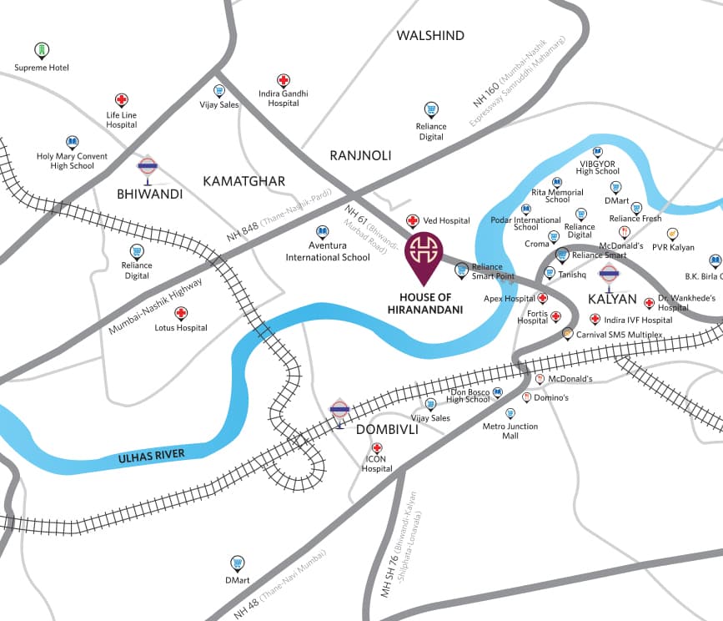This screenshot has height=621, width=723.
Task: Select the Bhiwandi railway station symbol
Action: click(x=148, y=166)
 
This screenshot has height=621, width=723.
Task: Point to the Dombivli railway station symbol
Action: click(x=339, y=410)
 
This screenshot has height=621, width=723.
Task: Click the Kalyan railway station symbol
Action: click(x=609, y=272)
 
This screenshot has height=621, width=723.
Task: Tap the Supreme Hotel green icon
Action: click(x=41, y=50)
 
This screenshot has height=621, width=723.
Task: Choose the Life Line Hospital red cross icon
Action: click(x=122, y=100)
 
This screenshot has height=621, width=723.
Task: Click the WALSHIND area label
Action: click(x=430, y=36)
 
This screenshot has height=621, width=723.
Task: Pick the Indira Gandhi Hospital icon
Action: click(x=284, y=80)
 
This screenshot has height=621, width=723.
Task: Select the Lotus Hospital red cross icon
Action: click(x=181, y=313)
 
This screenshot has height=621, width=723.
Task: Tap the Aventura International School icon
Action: click(x=323, y=231)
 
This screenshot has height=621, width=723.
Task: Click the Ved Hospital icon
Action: click(x=412, y=221)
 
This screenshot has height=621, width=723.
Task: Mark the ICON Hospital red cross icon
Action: click(x=377, y=448)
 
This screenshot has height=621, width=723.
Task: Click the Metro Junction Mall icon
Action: click(x=510, y=413)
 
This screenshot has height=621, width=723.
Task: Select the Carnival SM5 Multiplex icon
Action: click(x=568, y=334)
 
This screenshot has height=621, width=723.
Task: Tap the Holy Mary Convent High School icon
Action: click(x=72, y=142)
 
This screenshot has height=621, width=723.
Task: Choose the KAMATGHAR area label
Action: click(x=244, y=181)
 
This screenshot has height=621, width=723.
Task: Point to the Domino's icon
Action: click(x=527, y=397)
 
